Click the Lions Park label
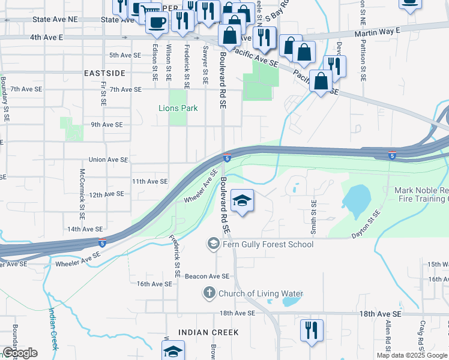[178, 108]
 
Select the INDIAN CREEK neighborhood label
[208, 332]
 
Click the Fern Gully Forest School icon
[212, 244]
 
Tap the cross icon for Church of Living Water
[209, 293]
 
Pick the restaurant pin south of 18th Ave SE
[312, 331]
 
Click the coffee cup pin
[157, 23]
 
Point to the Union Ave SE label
[108, 160]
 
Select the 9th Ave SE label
[106, 125]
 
